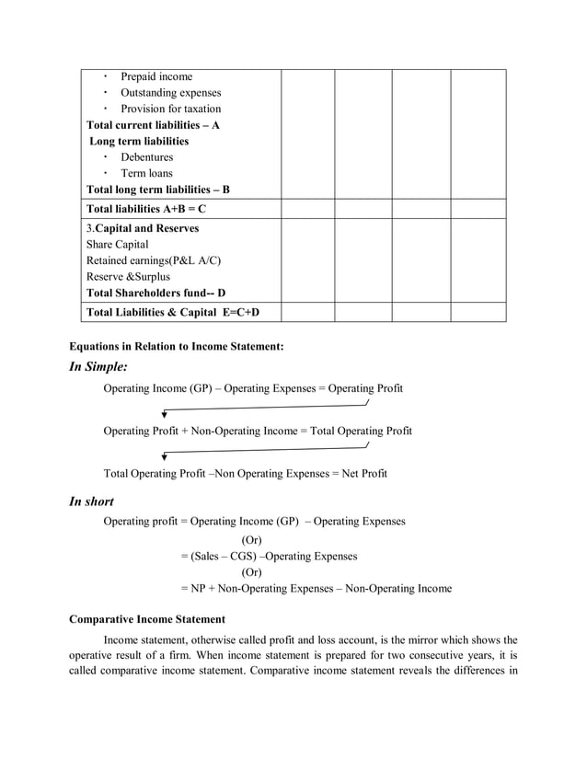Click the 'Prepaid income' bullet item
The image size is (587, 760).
coord(156,77)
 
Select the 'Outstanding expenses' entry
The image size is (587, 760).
coord(170,93)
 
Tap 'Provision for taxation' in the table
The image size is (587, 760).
coord(170,109)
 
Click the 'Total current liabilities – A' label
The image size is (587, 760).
coord(153,125)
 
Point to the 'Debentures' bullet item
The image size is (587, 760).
coord(146,157)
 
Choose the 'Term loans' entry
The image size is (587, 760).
coord(146,173)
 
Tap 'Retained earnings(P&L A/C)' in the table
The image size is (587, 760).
coord(154,260)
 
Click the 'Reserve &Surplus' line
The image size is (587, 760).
coord(128,277)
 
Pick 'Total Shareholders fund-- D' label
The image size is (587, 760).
coord(155,294)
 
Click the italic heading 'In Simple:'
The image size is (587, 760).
coord(98,367)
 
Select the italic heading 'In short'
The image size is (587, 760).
coord(92,501)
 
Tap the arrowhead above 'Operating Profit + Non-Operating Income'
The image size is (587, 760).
coord(164,415)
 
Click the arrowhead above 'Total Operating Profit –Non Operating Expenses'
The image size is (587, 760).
coord(164,456)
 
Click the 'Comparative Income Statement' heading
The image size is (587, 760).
coord(147,619)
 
